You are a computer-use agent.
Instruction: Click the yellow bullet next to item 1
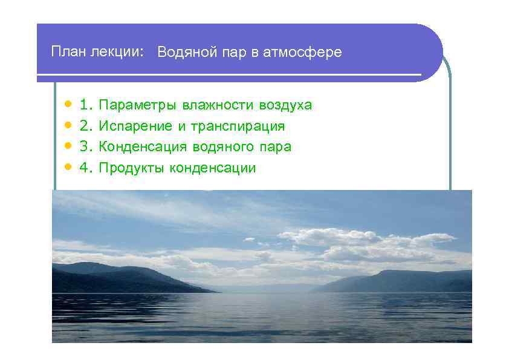pos(68,105)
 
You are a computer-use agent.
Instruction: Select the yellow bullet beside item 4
pos(68,168)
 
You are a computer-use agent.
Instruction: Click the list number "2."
pos(86,126)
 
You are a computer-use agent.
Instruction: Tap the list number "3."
pos(86,147)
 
